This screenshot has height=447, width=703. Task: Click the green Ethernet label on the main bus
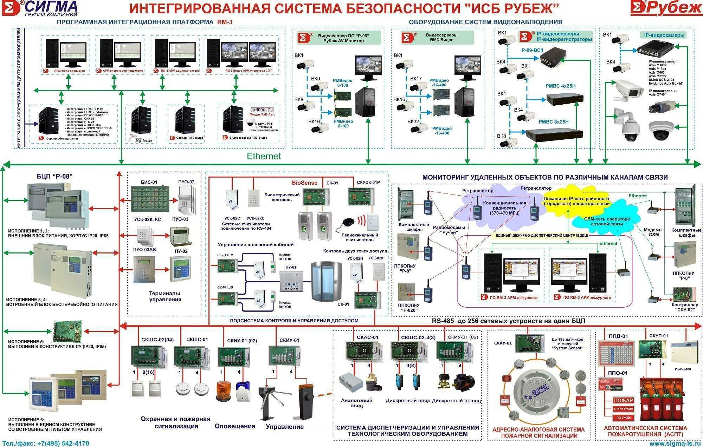(x=264, y=156)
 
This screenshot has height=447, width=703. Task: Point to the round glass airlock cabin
(x=326, y=281)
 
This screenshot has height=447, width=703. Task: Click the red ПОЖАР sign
(x=623, y=400)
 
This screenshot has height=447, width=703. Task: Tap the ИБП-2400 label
(x=683, y=369)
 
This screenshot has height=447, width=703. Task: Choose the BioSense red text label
(x=304, y=183)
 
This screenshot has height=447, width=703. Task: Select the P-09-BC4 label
(x=532, y=50)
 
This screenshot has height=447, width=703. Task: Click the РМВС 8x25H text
(x=554, y=122)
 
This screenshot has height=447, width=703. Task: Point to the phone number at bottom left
(x=45, y=443)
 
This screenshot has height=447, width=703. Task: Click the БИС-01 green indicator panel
(x=150, y=199)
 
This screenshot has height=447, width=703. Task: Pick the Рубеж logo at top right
(x=666, y=8)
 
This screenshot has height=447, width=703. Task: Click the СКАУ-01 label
(x=503, y=343)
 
